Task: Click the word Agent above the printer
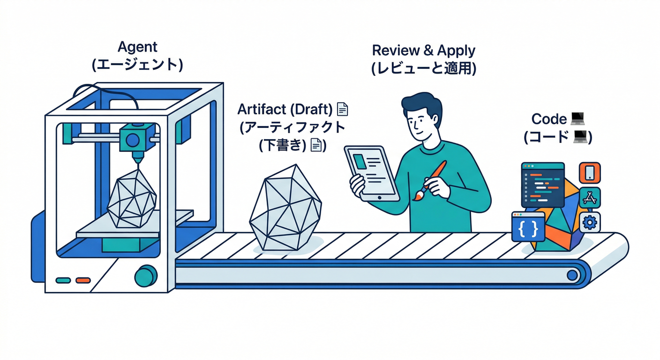pyautogui.click(x=137, y=47)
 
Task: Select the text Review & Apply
pyautogui.click(x=423, y=51)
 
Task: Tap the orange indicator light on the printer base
pyautogui.click(x=82, y=280)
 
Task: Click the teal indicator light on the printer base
pyautogui.click(x=63, y=280)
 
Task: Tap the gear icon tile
pyautogui.click(x=590, y=222)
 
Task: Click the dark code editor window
pyautogui.click(x=543, y=185)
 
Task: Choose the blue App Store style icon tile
pyautogui.click(x=589, y=198)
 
